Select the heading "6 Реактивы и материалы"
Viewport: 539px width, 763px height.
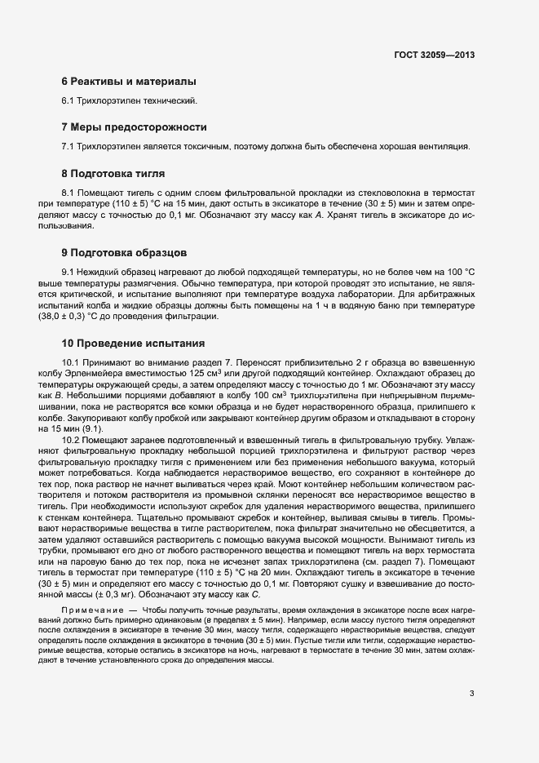[128, 82]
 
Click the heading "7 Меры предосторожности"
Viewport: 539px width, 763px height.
[134, 127]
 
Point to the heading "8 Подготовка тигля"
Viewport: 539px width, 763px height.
[113, 174]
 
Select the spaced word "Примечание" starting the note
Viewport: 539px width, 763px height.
[91, 610]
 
